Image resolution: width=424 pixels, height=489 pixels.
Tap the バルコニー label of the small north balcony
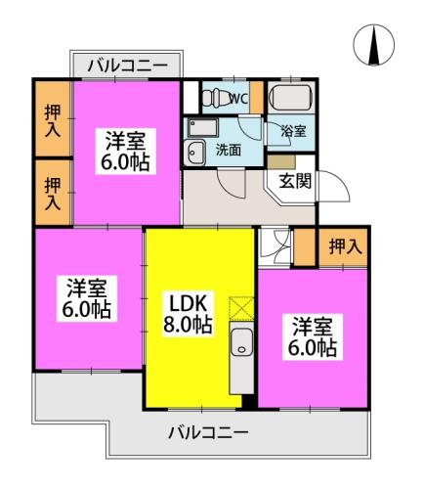tap(126, 67)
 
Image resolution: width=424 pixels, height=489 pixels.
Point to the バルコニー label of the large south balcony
tap(207, 430)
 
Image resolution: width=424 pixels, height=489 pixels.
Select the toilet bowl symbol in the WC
tap(212, 96)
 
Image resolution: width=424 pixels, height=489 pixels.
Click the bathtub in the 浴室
tap(290, 98)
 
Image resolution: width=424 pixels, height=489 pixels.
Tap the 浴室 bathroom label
tap(292, 131)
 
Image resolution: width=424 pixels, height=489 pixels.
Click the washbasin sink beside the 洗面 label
tap(194, 150)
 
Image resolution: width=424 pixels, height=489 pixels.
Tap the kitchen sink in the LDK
tap(241, 343)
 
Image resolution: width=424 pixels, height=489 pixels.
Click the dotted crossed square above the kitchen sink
tap(240, 308)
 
